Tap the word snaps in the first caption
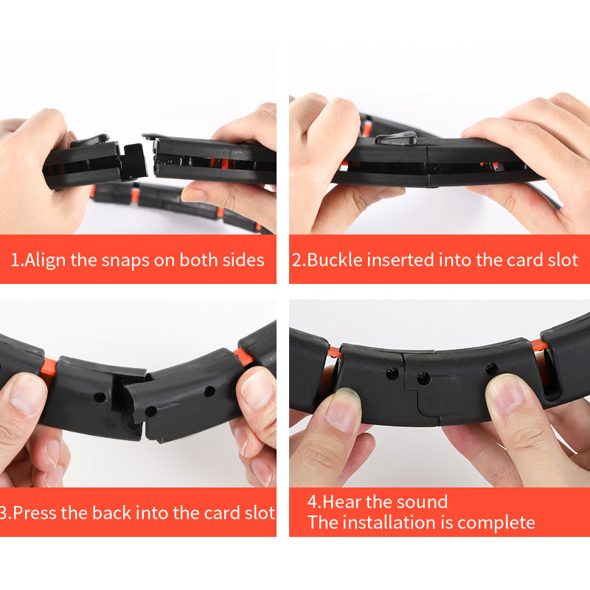[x=125, y=261]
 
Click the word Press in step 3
[x=35, y=513]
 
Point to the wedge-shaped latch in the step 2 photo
[x=396, y=139]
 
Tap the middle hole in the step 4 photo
[x=423, y=378]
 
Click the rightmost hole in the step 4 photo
[x=491, y=368]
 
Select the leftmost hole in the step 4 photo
[x=393, y=373]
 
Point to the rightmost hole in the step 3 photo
[x=209, y=392]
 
